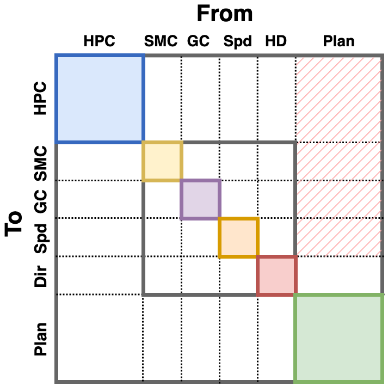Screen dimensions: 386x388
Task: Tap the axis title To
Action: click(15, 223)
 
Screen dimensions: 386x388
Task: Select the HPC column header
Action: click(100, 41)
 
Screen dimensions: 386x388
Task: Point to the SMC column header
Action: click(161, 41)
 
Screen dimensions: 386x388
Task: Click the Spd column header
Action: click(238, 41)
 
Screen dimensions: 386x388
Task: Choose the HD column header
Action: click(275, 41)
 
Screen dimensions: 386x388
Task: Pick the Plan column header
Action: click(338, 41)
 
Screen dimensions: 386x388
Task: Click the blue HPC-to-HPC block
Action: click(100, 99)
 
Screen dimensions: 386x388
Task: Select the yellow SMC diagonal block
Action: click(162, 161)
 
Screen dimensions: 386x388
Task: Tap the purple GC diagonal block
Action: click(200, 199)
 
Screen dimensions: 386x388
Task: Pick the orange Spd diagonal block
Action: click(238, 237)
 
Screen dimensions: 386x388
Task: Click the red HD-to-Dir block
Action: click(276, 275)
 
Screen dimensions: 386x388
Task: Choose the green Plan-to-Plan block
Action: click(339, 338)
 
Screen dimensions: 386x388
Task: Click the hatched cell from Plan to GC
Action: click(339, 199)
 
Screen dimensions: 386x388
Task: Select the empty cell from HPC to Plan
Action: click(100, 338)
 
